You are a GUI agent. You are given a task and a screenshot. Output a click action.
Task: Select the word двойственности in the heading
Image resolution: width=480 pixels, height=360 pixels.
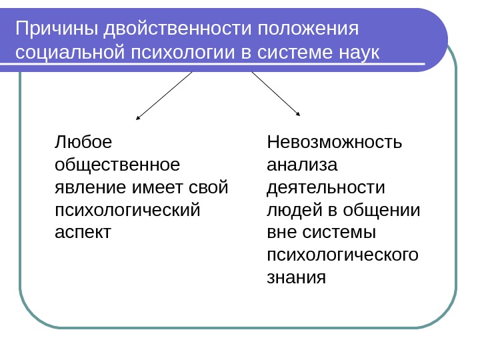[x=177, y=29]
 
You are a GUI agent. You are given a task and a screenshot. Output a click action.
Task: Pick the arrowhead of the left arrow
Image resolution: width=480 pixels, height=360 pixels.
[x=137, y=118]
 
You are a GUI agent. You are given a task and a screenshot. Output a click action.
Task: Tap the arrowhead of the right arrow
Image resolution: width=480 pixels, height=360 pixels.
[x=298, y=115]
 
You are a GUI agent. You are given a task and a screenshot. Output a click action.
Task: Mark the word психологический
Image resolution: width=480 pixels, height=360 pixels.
[x=127, y=209]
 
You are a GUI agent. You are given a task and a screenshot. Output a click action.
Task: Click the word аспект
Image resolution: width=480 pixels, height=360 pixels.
[x=82, y=232]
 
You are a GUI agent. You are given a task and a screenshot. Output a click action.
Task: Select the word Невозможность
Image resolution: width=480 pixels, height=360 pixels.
[x=334, y=142]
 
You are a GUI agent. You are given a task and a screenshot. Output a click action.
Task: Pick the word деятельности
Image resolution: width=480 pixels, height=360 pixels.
[x=325, y=187]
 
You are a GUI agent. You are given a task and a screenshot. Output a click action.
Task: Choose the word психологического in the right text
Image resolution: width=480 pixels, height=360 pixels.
[x=342, y=255]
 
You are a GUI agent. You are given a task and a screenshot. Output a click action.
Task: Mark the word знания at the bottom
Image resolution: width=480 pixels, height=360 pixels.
[x=296, y=277]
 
